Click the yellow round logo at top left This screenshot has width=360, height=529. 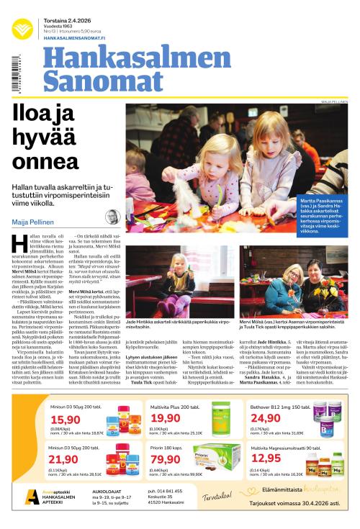pyautogui.click(x=22, y=28)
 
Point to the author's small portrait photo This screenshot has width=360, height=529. pyautogui.click(x=112, y=217)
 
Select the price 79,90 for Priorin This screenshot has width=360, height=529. pyautogui.click(x=165, y=459)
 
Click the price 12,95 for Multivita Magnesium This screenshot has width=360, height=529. pyautogui.click(x=266, y=458)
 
